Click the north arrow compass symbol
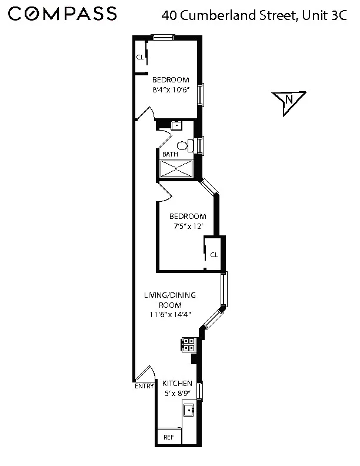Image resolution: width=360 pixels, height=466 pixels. click(x=288, y=101)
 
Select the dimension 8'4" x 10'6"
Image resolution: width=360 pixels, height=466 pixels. click(x=171, y=91)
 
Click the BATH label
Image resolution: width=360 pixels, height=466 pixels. click(x=170, y=154)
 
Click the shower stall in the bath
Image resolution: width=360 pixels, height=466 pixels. click(x=178, y=169)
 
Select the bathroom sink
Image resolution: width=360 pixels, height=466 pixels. click(x=176, y=125)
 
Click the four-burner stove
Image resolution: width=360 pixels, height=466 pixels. click(x=188, y=344)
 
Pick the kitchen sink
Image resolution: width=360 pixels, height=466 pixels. click(x=189, y=410)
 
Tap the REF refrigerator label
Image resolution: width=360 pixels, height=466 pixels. click(x=169, y=437)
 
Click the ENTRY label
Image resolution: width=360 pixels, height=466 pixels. click(x=144, y=386)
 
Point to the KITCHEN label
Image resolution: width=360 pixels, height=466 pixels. click(x=177, y=384)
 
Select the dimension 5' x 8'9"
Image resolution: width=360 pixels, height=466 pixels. click(x=177, y=393)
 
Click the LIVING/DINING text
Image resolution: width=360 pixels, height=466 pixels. click(x=170, y=295)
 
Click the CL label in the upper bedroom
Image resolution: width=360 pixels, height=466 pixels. click(x=140, y=57)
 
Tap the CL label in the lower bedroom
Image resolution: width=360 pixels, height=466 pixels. click(x=214, y=254)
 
